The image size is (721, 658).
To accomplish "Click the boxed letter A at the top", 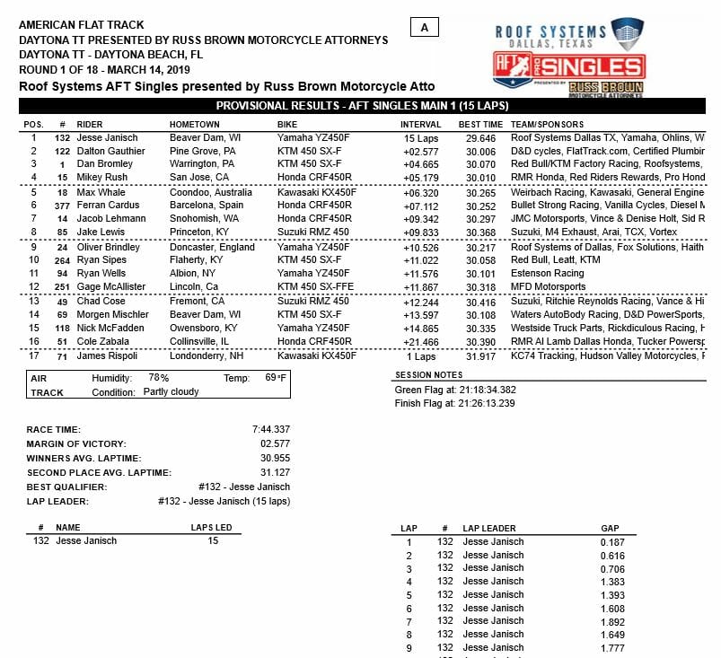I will point(424,28).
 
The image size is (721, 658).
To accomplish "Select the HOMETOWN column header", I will point(194,124).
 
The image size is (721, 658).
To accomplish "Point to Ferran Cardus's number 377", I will point(61,206).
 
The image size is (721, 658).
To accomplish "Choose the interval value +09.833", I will point(420,232).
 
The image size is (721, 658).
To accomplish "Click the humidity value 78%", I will point(159,379).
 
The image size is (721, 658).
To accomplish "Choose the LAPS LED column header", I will point(213,528).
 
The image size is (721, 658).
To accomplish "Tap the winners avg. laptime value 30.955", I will point(273,459).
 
